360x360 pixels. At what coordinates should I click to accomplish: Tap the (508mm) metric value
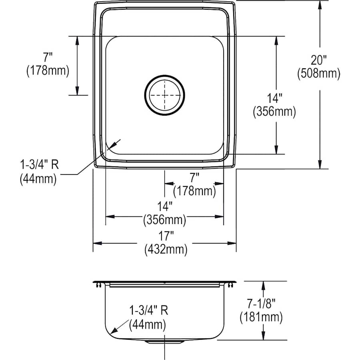pyautogui.click(x=319, y=73)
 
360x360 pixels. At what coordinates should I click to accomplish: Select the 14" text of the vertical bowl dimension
pyautogui.click(x=274, y=98)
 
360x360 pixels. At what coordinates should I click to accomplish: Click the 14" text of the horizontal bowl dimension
pyautogui.click(x=165, y=206)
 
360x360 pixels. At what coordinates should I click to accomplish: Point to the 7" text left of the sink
pyautogui.click(x=48, y=58)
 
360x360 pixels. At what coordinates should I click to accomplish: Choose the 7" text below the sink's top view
pyautogui.click(x=194, y=176)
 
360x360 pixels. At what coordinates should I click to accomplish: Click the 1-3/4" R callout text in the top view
pyautogui.click(x=38, y=165)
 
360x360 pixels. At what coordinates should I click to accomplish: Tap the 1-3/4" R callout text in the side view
pyautogui.click(x=148, y=310)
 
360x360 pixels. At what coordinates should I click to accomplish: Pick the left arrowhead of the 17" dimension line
pyautogui.click(x=96, y=243)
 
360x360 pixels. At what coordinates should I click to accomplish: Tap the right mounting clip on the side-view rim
pyautogui.click(x=231, y=284)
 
